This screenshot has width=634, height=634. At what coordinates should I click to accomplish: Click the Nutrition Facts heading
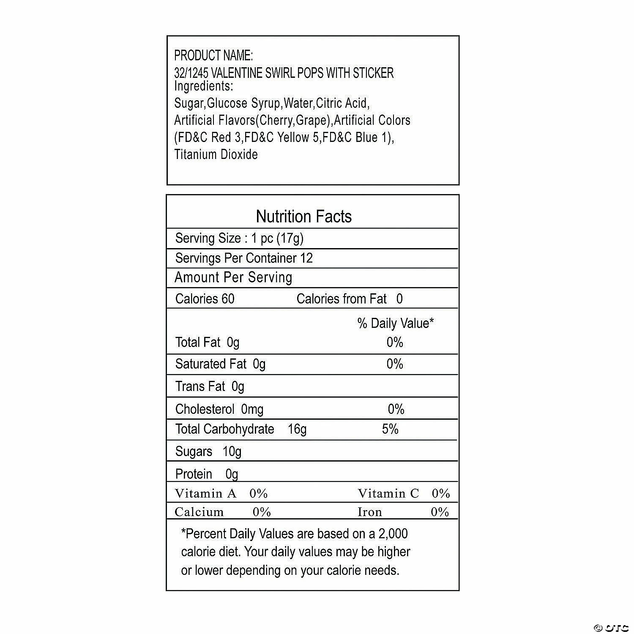[x=303, y=216]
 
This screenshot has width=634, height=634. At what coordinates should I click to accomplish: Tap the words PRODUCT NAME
[x=213, y=55]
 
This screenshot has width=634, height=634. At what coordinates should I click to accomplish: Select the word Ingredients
[x=203, y=86]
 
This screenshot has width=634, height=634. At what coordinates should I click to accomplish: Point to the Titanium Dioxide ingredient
[x=216, y=154]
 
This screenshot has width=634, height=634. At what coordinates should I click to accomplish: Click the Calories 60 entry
[x=205, y=299]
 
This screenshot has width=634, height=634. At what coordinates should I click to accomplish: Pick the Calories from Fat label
[x=342, y=299]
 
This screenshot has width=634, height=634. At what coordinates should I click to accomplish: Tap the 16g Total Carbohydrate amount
[x=297, y=429]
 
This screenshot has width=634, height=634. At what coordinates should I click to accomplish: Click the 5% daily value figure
[x=390, y=429]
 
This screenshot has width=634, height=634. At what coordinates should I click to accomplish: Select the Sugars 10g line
[x=208, y=451]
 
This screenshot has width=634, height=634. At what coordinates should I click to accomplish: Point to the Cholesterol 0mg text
[x=219, y=409]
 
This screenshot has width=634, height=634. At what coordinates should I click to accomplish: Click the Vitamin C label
[x=388, y=493]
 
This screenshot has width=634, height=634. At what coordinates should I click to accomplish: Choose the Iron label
[x=370, y=512]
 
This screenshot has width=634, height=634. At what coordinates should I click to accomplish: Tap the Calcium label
[x=199, y=512]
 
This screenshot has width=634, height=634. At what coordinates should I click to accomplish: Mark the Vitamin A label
[x=206, y=493]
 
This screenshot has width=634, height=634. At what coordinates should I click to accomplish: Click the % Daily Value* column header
[x=396, y=323]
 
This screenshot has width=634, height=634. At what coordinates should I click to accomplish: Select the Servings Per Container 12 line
[x=244, y=258]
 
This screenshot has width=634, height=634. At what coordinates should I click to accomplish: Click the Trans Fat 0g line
[x=210, y=386]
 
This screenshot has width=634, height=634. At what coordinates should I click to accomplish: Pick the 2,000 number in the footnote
[x=393, y=534]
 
